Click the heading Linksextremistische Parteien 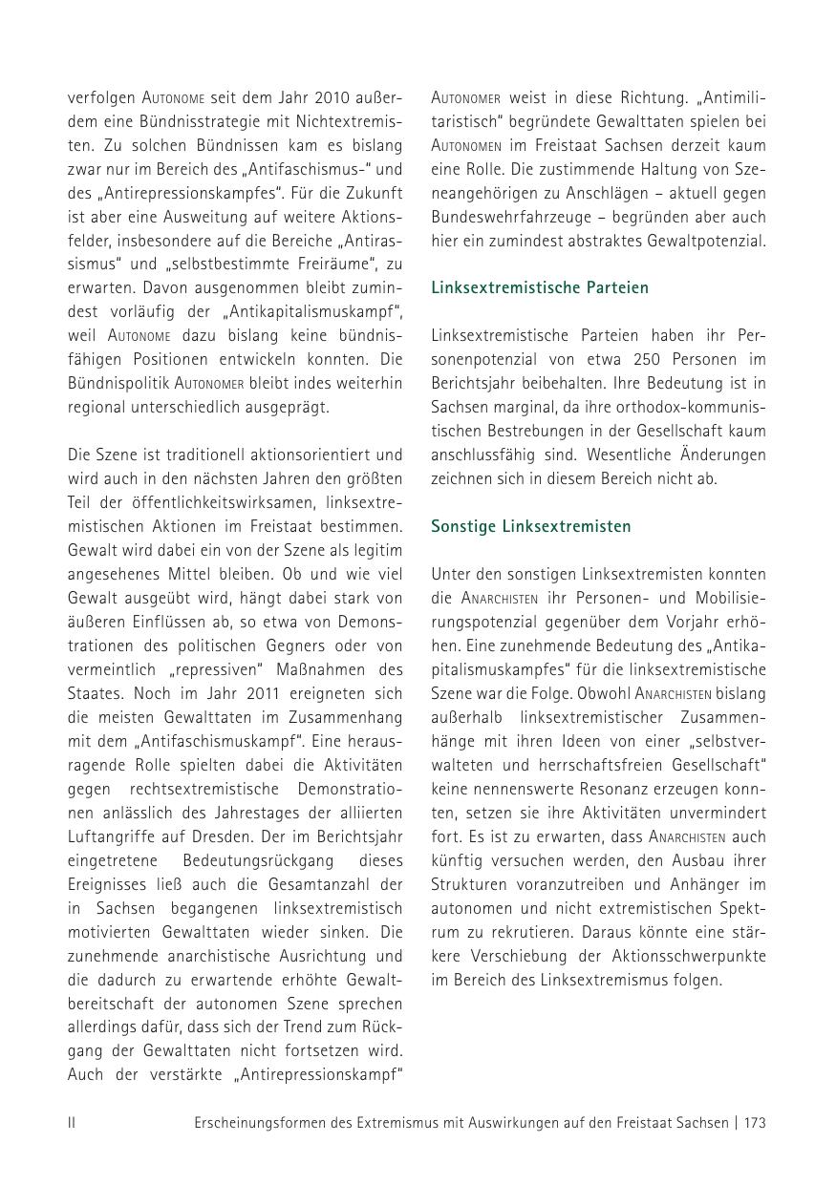coord(539,287)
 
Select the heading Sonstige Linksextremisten coord(530,526)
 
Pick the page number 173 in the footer coord(754,1123)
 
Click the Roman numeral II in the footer coord(72,1123)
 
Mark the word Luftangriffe coord(108,836)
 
